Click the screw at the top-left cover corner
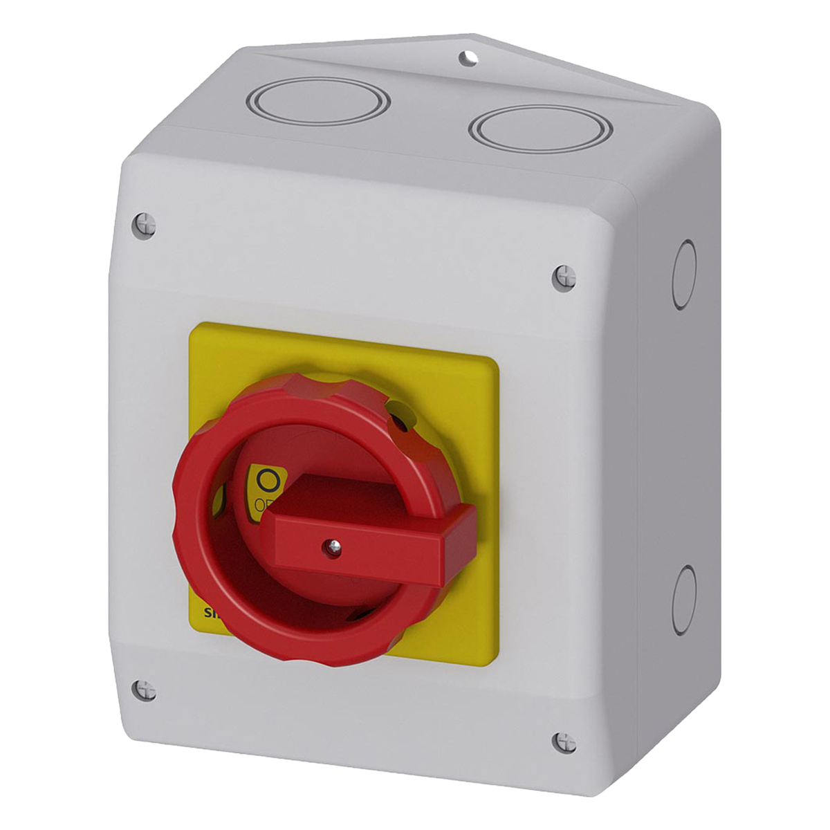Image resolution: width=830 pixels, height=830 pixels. click(x=144, y=223)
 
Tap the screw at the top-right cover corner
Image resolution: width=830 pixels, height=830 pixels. click(x=565, y=277)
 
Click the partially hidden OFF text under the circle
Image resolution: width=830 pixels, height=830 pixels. click(x=263, y=504)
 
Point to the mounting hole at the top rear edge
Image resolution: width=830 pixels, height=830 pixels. click(x=470, y=58)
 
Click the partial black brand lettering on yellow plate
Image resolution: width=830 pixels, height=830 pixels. click(x=207, y=612)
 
